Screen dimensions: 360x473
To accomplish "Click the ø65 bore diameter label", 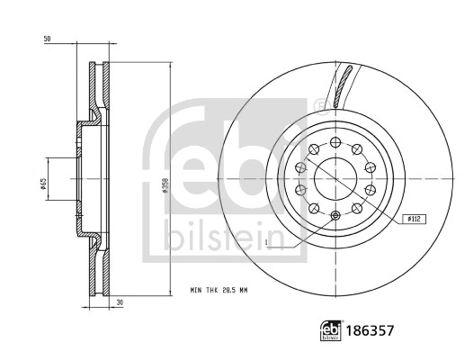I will pos(42,184).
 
